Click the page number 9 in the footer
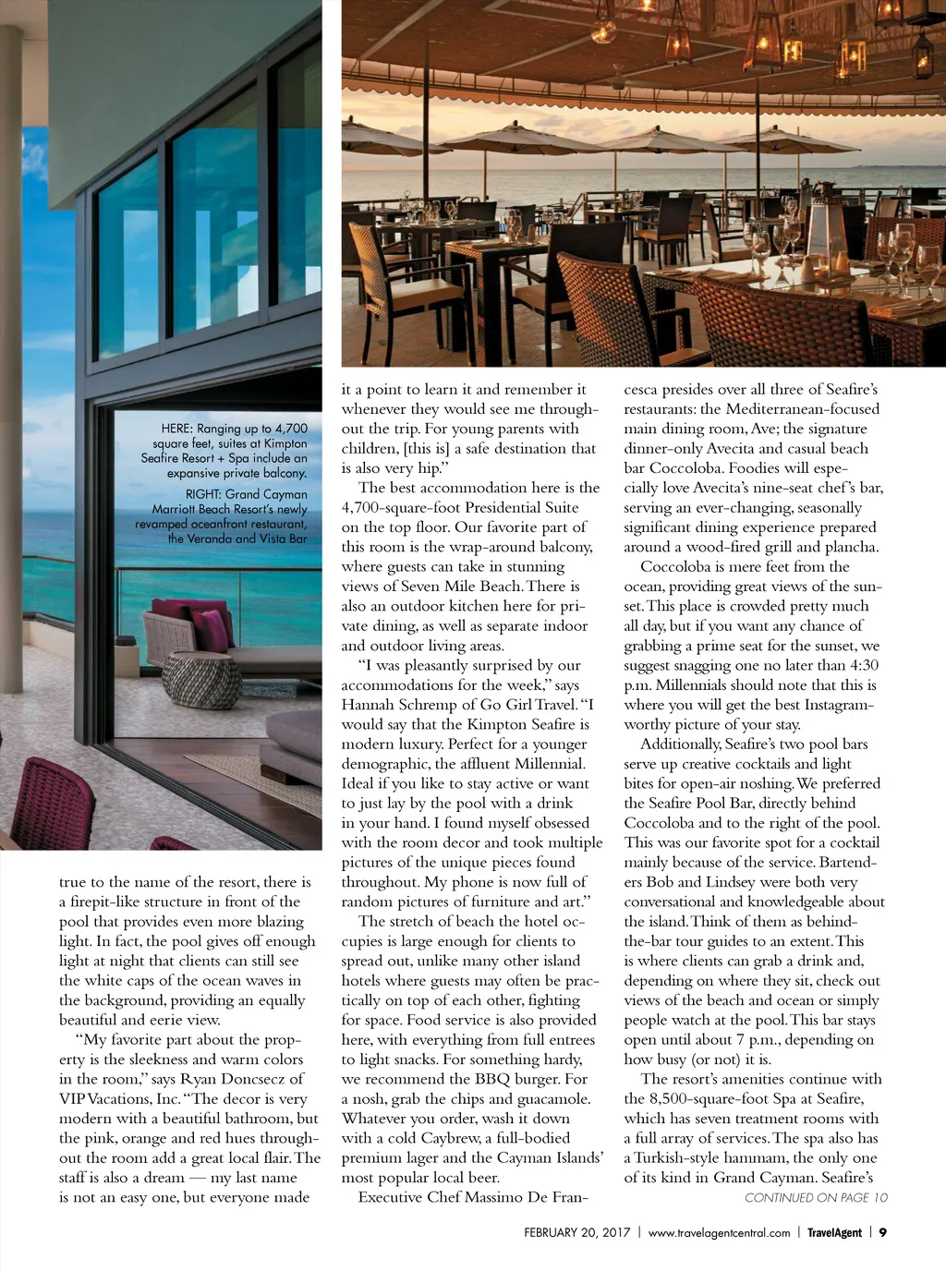click(883, 1232)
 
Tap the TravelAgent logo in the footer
click(834, 1232)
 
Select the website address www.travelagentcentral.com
click(719, 1232)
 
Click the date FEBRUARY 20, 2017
click(576, 1232)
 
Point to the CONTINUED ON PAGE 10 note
click(816, 1198)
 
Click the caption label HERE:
click(176, 429)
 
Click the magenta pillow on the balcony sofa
click(212, 628)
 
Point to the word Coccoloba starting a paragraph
click(678, 566)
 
